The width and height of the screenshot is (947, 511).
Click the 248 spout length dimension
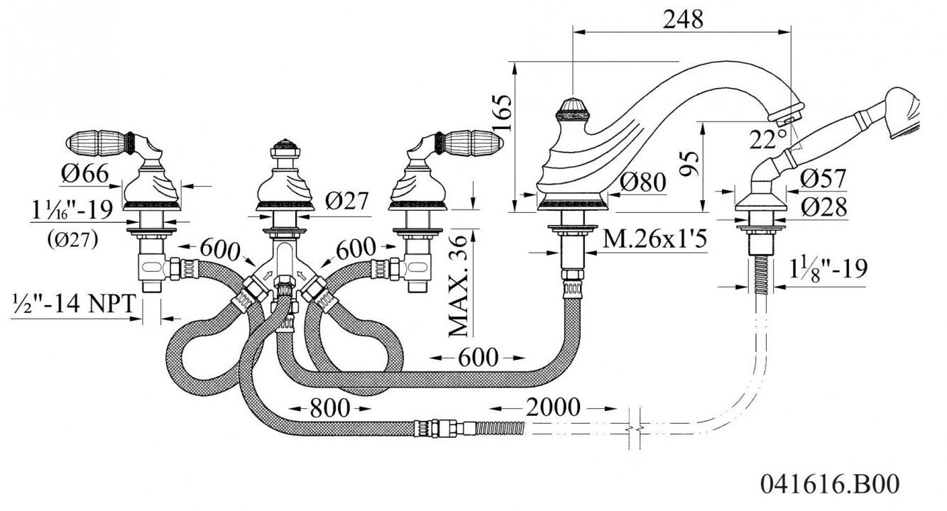pyautogui.click(x=683, y=19)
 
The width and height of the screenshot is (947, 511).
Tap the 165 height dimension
pyautogui.click(x=503, y=114)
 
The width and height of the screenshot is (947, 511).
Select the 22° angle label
pyautogui.click(x=768, y=139)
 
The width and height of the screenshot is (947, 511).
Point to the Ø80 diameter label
pyautogui.click(x=643, y=182)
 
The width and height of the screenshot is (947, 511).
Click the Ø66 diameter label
pyautogui.click(x=85, y=173)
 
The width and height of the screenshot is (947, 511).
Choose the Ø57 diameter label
pyautogui.click(x=823, y=178)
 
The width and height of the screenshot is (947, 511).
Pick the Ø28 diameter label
pyautogui.click(x=824, y=207)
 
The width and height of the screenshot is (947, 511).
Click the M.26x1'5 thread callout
pyautogui.click(x=655, y=238)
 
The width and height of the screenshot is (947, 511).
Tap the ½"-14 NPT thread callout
pyautogui.click(x=74, y=304)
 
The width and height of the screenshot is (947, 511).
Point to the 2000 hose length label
pyautogui.click(x=553, y=407)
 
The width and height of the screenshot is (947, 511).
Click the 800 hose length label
pyautogui.click(x=330, y=408)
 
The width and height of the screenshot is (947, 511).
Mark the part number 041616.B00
pyautogui.click(x=830, y=484)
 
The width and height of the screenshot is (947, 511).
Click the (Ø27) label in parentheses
pyautogui.click(x=72, y=240)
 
